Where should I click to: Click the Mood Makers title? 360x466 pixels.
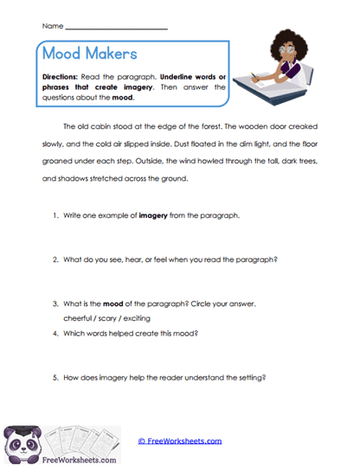point(89,54)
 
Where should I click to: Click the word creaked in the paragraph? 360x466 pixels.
point(291,127)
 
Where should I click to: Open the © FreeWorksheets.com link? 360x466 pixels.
point(180,441)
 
